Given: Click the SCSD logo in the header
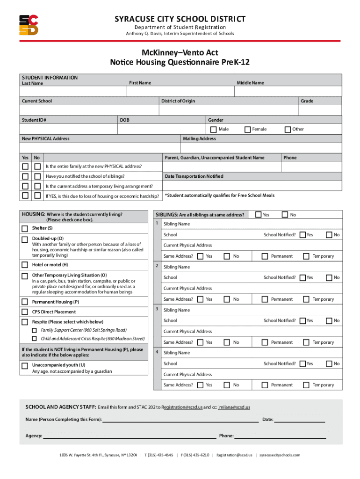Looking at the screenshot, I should pos(29,25).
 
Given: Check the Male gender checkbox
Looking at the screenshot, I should pos(213,129).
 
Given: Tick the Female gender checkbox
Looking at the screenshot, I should pos(248,129).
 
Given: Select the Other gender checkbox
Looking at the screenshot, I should pos(288,129).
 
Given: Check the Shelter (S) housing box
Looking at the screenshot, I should pos(25,228).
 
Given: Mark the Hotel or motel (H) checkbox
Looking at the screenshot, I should pos(25,265).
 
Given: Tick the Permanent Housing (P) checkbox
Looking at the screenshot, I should pos(25,302).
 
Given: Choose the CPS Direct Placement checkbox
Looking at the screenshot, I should pos(25,312).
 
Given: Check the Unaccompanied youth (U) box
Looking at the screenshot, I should pos(25,365).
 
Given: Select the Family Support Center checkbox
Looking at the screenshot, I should pos(34,330).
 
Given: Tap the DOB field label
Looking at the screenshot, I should pos(124,120).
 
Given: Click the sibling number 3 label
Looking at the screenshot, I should pos(157,309).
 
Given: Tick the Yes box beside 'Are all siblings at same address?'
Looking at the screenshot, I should pos(258,215).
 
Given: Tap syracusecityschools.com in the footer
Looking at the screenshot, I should pos(280,455).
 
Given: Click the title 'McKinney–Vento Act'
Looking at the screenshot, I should pos(180,53).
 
